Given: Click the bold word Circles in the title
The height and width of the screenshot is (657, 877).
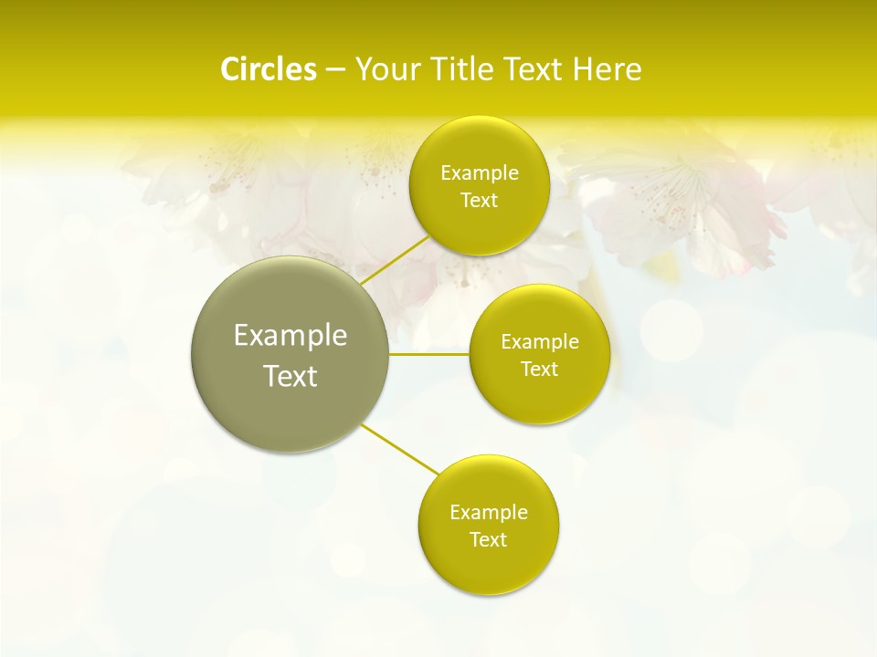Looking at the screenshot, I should tap(268, 69).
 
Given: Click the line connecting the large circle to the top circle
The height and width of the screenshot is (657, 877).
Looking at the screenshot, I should tap(395, 259).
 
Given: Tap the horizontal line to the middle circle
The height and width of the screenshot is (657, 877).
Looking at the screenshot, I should tap(429, 354).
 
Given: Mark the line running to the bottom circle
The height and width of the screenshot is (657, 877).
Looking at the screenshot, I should tap(399, 450).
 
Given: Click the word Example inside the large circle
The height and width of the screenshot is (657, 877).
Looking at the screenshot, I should tap(291, 336).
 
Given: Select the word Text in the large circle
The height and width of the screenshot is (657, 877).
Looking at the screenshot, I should tap(291, 376).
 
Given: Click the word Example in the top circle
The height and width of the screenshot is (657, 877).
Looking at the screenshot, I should tap(480, 173).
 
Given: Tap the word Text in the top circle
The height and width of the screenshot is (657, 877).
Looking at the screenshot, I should tap(479, 201).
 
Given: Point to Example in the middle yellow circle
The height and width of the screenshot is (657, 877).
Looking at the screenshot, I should tap(540, 342).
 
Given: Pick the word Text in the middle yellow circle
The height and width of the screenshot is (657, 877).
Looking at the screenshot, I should tap(539, 370).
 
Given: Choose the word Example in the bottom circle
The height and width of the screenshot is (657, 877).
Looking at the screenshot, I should tap(489, 513).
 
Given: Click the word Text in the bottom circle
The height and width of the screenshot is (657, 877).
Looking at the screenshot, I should tap(488, 540).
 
